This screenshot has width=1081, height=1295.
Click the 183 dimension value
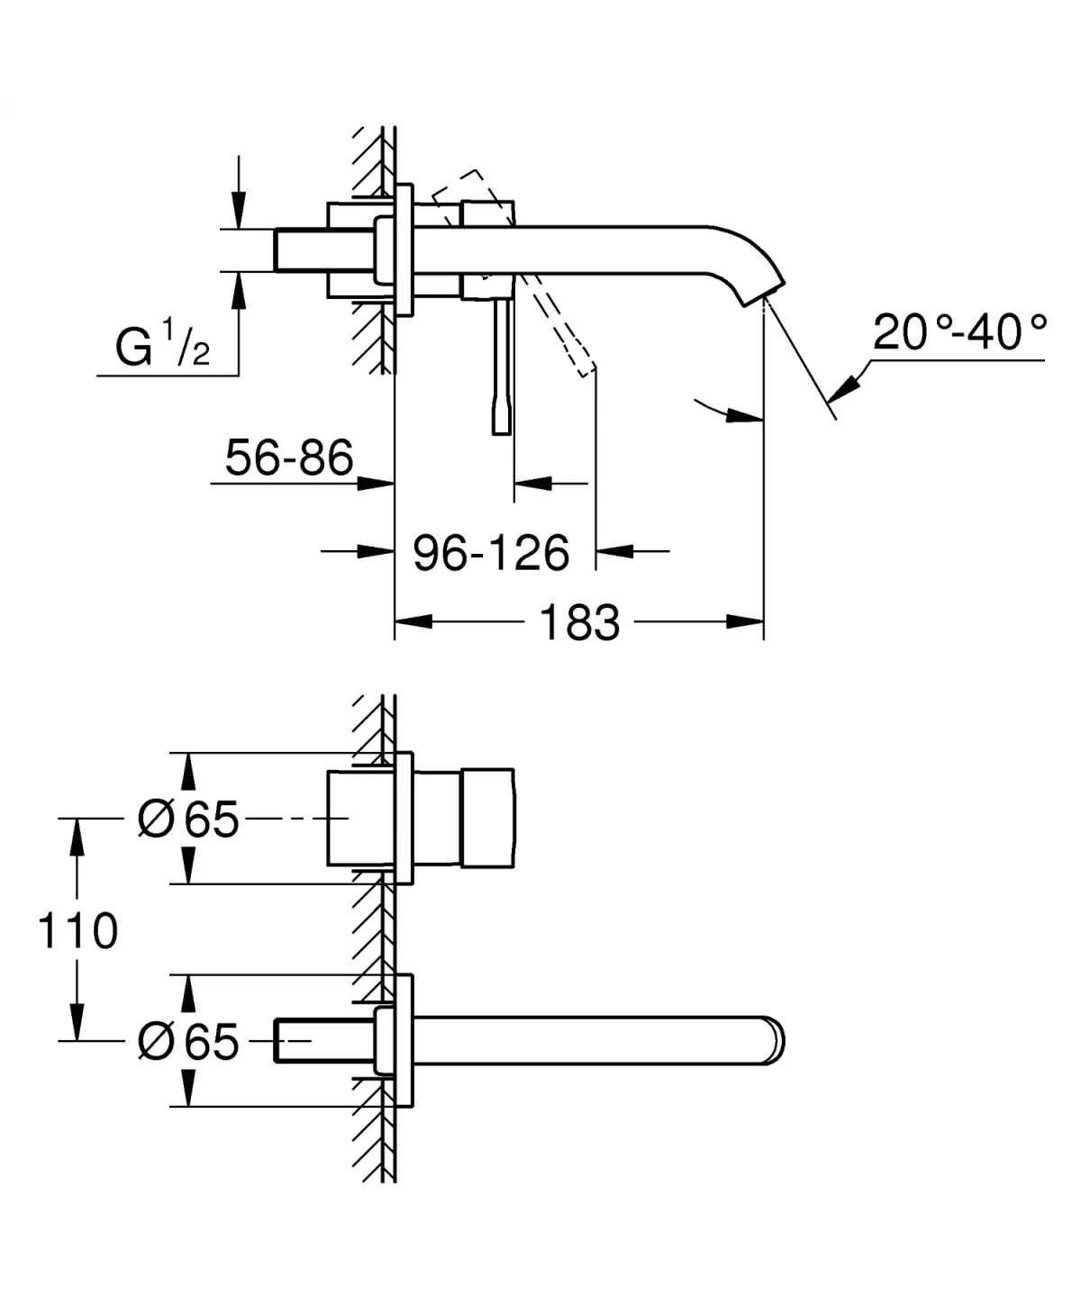(579, 622)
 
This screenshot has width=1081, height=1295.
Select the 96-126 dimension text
(491, 552)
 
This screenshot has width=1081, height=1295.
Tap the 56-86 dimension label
(288, 458)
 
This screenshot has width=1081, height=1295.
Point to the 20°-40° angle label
(959, 333)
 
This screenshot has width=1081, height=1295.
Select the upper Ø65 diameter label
(188, 820)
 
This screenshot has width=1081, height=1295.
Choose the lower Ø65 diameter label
(188, 1041)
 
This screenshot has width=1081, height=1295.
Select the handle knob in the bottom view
(487, 819)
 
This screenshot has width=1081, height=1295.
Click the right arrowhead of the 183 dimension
(746, 621)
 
